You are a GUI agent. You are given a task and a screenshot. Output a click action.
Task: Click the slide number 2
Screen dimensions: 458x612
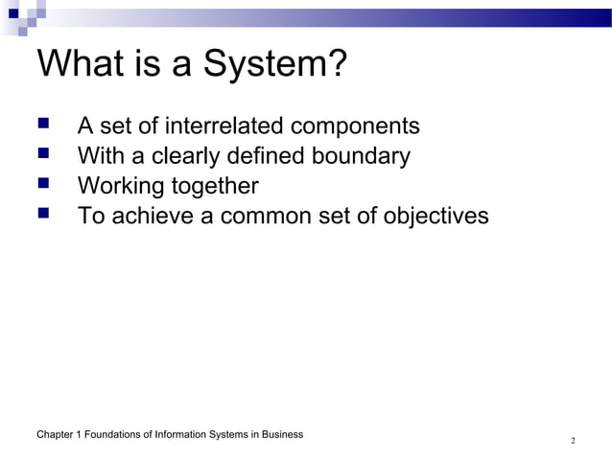[x=573, y=442]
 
